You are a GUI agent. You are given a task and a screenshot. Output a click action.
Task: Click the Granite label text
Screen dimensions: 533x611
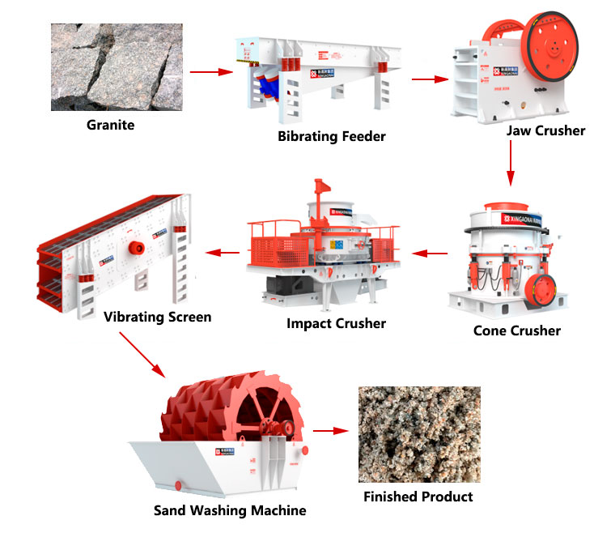pos(111,126)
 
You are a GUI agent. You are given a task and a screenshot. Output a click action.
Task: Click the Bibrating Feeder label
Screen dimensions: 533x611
pos(331,136)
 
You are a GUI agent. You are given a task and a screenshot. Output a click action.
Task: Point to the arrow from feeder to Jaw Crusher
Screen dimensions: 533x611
pos(430,79)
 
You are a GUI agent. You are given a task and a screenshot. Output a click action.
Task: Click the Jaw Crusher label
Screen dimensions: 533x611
pos(545,130)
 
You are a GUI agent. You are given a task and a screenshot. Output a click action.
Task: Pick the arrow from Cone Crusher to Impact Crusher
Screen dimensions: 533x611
pos(429,254)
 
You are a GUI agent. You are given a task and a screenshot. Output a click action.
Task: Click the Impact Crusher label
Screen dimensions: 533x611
pos(336,323)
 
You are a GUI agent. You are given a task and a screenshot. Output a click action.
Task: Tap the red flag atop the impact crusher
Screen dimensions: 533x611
pos(322,185)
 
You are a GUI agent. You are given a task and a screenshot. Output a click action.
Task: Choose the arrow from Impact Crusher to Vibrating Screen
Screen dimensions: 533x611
pos(223,254)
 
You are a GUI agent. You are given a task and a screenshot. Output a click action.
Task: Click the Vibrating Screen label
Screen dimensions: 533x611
pos(157,317)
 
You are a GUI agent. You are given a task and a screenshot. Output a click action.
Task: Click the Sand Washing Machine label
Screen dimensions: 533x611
pos(230,510)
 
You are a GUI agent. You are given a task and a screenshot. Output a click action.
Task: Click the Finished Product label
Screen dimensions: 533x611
pos(418,496)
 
